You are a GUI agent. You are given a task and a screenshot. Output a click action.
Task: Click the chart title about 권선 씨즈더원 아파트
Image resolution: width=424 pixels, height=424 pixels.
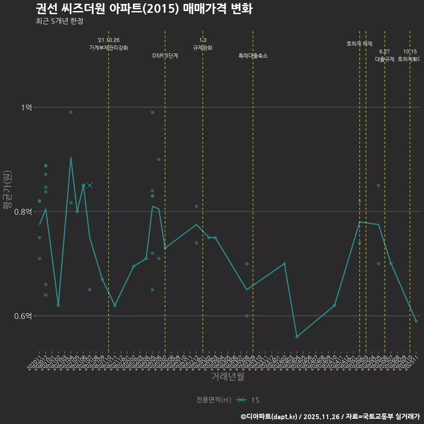144,9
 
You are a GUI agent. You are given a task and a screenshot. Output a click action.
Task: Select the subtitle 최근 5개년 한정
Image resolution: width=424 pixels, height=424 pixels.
59,21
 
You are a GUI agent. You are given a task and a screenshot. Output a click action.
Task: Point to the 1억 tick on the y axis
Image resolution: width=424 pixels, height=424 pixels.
26,107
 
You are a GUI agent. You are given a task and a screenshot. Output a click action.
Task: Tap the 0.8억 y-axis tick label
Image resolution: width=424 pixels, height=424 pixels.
23,212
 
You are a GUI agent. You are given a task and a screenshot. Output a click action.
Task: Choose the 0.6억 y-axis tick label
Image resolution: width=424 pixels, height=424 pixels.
23,316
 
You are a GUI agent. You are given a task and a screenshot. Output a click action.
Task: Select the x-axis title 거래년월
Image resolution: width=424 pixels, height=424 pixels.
227,377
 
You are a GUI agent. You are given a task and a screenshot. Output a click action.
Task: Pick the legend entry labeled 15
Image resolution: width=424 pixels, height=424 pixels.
255,400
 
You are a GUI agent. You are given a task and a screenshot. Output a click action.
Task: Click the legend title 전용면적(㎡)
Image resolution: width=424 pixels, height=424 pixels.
214,400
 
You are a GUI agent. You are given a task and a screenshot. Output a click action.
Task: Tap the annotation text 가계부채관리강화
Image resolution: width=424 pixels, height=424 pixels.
108,48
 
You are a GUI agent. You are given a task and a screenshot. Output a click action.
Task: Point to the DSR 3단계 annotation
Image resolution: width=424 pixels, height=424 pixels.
165,56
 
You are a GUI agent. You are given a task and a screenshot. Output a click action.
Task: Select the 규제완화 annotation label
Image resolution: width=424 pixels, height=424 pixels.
203,48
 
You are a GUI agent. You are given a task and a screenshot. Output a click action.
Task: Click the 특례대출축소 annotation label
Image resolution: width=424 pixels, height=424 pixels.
253,56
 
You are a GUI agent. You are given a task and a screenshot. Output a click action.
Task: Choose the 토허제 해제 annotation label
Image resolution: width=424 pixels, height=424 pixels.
360,44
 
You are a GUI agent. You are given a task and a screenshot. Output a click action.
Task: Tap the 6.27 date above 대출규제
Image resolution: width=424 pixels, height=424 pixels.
384,52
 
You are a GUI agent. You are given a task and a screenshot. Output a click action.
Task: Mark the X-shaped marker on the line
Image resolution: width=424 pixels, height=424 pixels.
90,185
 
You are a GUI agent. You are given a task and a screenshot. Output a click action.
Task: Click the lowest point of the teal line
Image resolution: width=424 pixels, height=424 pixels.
297,337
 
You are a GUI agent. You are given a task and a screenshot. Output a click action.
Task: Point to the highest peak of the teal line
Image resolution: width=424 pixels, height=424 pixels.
71,157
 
